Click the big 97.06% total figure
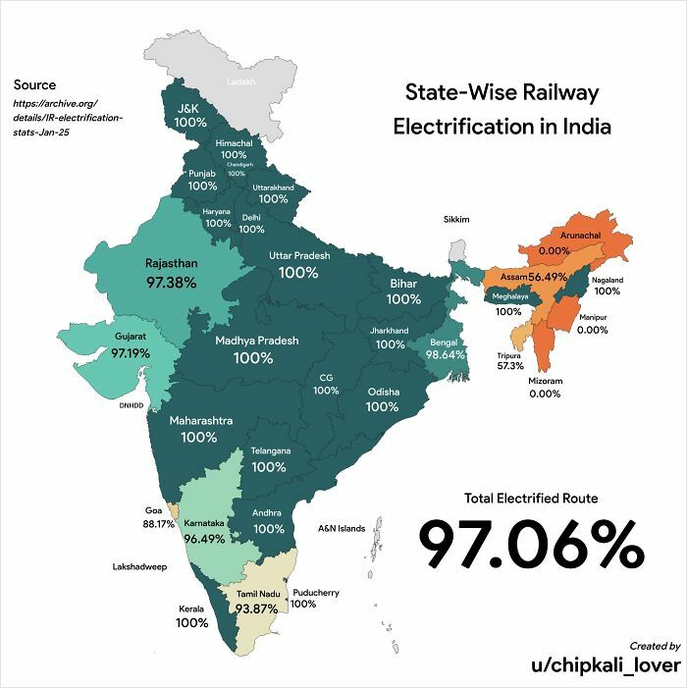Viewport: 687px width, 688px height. pyautogui.click(x=531, y=546)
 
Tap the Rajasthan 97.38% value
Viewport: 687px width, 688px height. pyautogui.click(x=171, y=283)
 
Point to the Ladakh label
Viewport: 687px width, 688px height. pyautogui.click(x=240, y=81)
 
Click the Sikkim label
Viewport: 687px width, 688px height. pyautogui.click(x=456, y=219)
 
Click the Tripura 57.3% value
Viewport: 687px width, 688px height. pyautogui.click(x=510, y=366)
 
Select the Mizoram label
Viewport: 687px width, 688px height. pyautogui.click(x=544, y=380)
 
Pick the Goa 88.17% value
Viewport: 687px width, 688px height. pyautogui.click(x=158, y=524)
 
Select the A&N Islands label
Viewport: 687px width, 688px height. pyautogui.click(x=342, y=528)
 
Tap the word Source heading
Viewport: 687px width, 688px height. pyautogui.click(x=34, y=85)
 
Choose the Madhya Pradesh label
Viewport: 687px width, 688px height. pyautogui.click(x=257, y=341)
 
